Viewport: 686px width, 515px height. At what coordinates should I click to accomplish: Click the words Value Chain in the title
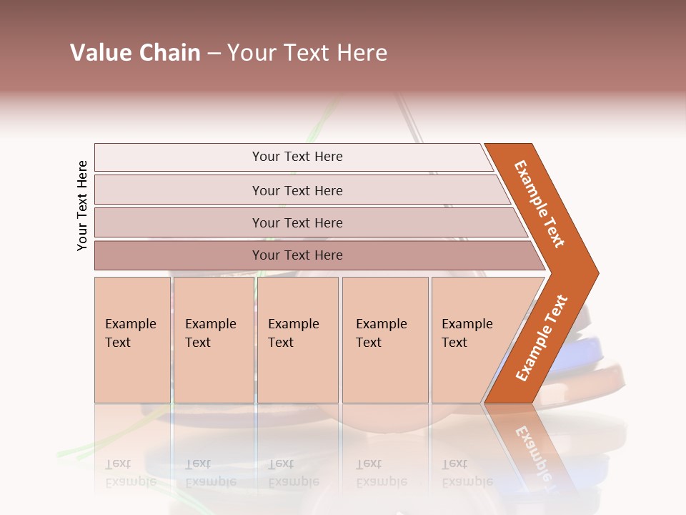click(135, 53)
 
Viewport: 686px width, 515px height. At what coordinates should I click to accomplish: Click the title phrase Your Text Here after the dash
click(307, 53)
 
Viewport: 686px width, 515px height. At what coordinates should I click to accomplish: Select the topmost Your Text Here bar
click(297, 157)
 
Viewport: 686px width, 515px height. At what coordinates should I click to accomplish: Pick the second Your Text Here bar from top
click(297, 190)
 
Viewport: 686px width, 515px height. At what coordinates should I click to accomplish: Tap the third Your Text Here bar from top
click(297, 222)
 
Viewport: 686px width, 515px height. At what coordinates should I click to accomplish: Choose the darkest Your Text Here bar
click(297, 255)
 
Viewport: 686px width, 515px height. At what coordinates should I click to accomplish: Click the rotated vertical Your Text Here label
click(82, 205)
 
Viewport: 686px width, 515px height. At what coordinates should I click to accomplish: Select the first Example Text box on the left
click(131, 339)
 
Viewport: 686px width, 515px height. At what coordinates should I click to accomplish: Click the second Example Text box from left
click(213, 339)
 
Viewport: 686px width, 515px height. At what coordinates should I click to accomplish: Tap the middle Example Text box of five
click(297, 339)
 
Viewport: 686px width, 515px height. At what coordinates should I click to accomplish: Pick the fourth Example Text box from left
click(384, 339)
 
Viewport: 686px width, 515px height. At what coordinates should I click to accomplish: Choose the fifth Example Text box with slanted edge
click(472, 339)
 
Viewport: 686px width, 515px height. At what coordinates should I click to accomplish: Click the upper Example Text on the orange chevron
click(540, 204)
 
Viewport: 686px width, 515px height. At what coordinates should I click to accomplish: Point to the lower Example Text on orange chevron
click(541, 338)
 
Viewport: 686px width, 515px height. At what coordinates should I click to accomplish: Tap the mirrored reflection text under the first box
click(130, 473)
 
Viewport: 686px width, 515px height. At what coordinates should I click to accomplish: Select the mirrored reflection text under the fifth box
click(467, 473)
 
